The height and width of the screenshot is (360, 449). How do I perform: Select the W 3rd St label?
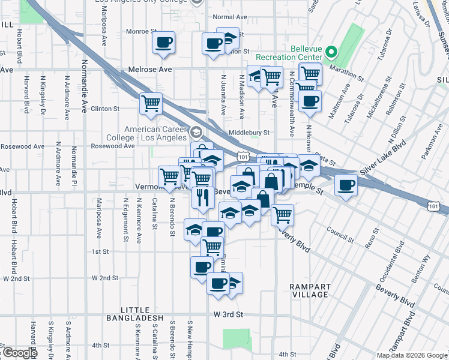[228, 314]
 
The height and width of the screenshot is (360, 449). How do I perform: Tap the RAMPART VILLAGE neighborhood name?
[309, 290]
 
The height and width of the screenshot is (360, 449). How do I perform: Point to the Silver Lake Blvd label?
[384, 159]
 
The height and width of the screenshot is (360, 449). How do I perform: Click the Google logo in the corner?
[19, 353]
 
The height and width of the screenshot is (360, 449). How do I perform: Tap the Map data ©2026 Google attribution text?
[412, 355]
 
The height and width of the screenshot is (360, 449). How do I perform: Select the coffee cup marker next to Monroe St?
[163, 43]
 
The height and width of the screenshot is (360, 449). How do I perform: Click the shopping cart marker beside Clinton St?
[150, 103]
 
